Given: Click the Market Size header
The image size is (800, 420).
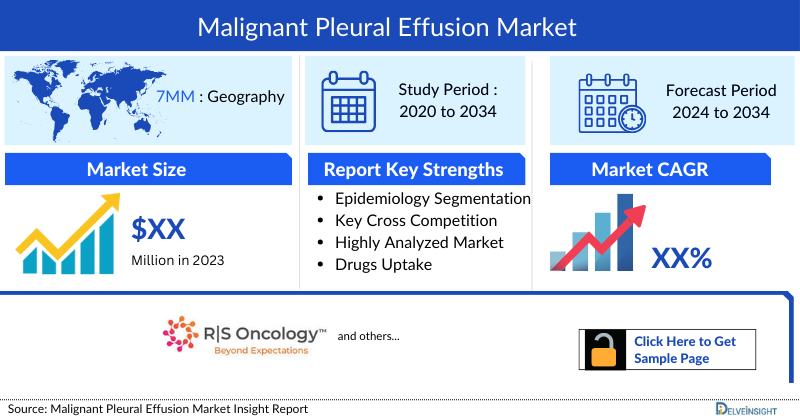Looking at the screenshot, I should (x=136, y=169).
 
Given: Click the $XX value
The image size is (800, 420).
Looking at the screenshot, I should (x=159, y=230).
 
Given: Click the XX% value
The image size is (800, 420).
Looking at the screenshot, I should (x=681, y=259).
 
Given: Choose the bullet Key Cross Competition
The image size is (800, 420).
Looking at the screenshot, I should (x=416, y=220).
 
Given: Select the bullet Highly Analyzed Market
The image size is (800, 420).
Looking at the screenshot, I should (x=419, y=242).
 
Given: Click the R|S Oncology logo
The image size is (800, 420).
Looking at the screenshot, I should (x=244, y=337).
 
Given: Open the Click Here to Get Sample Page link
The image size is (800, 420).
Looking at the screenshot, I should (x=685, y=349).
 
